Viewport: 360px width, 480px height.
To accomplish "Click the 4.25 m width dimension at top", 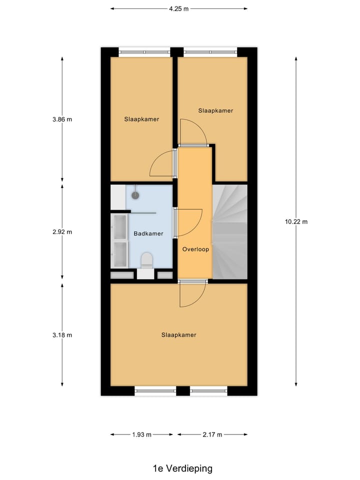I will [178, 8].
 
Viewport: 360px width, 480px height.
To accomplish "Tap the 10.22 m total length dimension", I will [296, 221].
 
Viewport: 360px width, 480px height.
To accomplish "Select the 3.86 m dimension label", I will [62, 119].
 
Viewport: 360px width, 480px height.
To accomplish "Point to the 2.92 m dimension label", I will [62, 231].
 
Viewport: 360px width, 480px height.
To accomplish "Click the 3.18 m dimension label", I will [62, 335].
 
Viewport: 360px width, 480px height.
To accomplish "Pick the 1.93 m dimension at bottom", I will [141, 434].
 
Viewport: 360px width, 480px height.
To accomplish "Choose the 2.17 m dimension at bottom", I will [212, 434].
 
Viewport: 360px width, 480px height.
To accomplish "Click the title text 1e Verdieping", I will [182, 468].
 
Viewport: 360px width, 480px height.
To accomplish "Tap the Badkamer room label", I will [148, 233].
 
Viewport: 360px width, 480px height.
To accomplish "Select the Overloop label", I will [195, 249].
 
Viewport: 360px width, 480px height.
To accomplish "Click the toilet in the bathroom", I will [146, 261].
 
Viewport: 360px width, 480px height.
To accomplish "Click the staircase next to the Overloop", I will [230, 231].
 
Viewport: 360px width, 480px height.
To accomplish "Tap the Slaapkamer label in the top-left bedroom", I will [141, 119].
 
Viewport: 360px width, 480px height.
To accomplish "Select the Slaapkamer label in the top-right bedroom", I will [215, 110].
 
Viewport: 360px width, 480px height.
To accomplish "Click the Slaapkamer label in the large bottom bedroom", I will [178, 335].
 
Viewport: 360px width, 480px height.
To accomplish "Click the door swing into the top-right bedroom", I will [192, 132].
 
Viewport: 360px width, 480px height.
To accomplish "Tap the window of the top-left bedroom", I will [145, 51].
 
